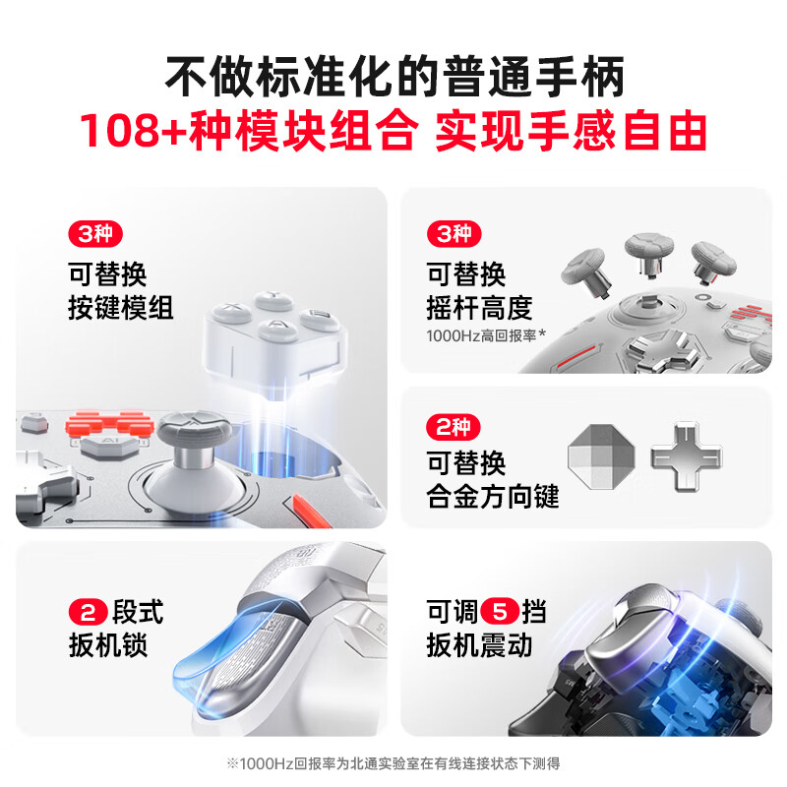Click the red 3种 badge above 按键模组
click(x=94, y=235)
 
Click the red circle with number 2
click(x=86, y=613)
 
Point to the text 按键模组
click(x=121, y=308)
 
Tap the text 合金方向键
click(x=493, y=497)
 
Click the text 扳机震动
click(x=479, y=645)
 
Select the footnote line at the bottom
click(x=393, y=762)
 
